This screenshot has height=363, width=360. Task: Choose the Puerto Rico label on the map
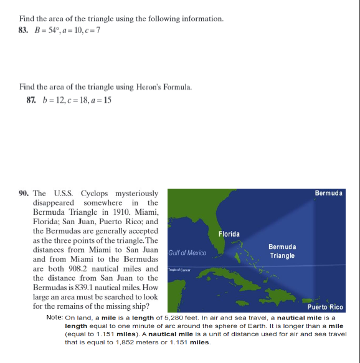pos(325,307)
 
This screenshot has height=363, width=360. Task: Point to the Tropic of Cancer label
pos(179,270)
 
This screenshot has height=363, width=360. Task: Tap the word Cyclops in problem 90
pos(95,194)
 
